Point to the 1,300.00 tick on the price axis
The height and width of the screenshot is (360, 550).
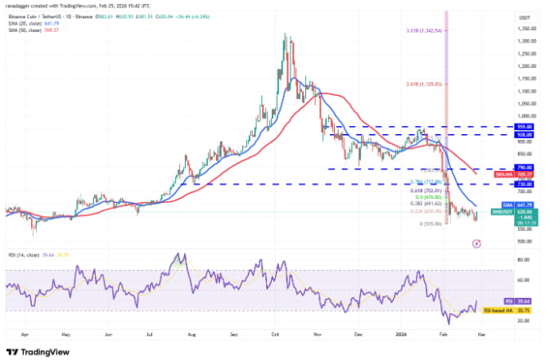pos(521,41)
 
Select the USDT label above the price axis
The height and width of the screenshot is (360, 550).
pos(521,17)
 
